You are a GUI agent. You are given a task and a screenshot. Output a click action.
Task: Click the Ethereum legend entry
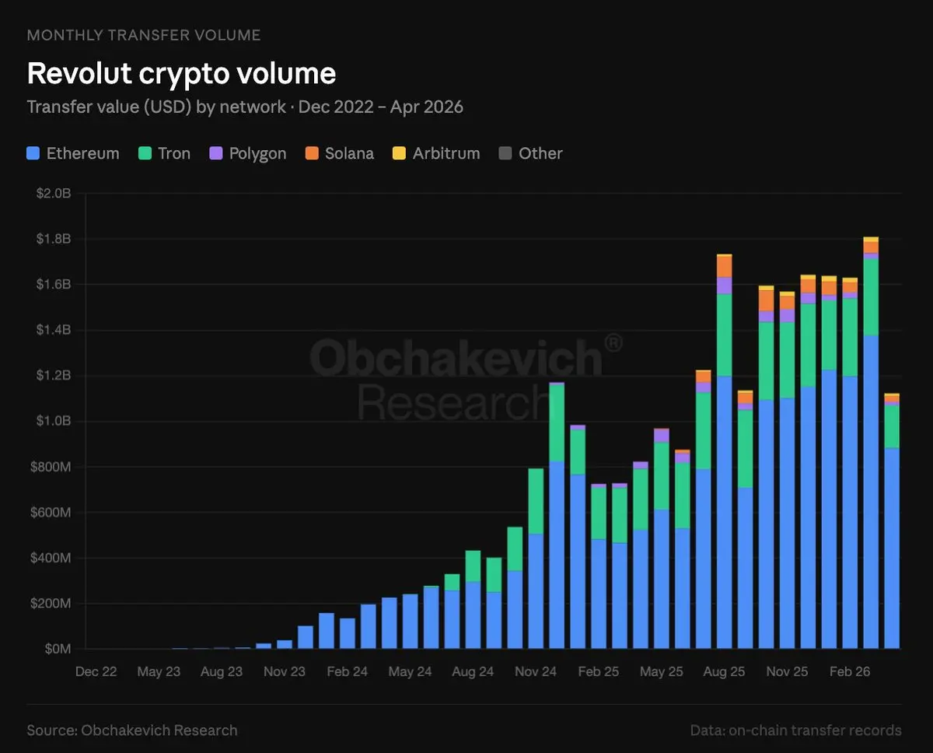[74, 153]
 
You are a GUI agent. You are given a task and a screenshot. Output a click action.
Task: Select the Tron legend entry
[165, 153]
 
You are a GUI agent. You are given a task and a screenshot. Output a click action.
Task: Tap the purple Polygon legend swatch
[216, 153]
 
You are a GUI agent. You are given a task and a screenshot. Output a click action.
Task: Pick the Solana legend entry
[341, 153]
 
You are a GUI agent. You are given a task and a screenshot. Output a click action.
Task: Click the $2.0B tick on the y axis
[54, 194]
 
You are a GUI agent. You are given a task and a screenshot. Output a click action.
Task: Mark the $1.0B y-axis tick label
[54, 422]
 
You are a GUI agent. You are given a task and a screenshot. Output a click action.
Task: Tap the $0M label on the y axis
[58, 650]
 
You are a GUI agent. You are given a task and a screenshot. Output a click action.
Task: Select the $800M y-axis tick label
[52, 467]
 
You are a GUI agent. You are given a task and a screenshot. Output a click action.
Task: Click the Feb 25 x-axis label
[599, 671]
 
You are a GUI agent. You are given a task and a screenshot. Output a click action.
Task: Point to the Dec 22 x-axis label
[96, 671]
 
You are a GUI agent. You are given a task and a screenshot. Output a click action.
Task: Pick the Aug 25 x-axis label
[724, 671]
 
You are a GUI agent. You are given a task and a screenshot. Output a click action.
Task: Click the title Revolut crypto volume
[181, 73]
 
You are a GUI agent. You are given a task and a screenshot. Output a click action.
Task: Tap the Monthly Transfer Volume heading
[144, 35]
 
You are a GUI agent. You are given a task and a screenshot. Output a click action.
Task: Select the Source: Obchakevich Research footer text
[132, 730]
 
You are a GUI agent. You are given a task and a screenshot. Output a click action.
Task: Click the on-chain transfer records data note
[795, 730]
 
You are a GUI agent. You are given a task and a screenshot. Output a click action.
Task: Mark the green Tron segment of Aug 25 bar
[725, 334]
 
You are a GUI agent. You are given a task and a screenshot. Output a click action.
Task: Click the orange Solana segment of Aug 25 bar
[725, 267]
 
